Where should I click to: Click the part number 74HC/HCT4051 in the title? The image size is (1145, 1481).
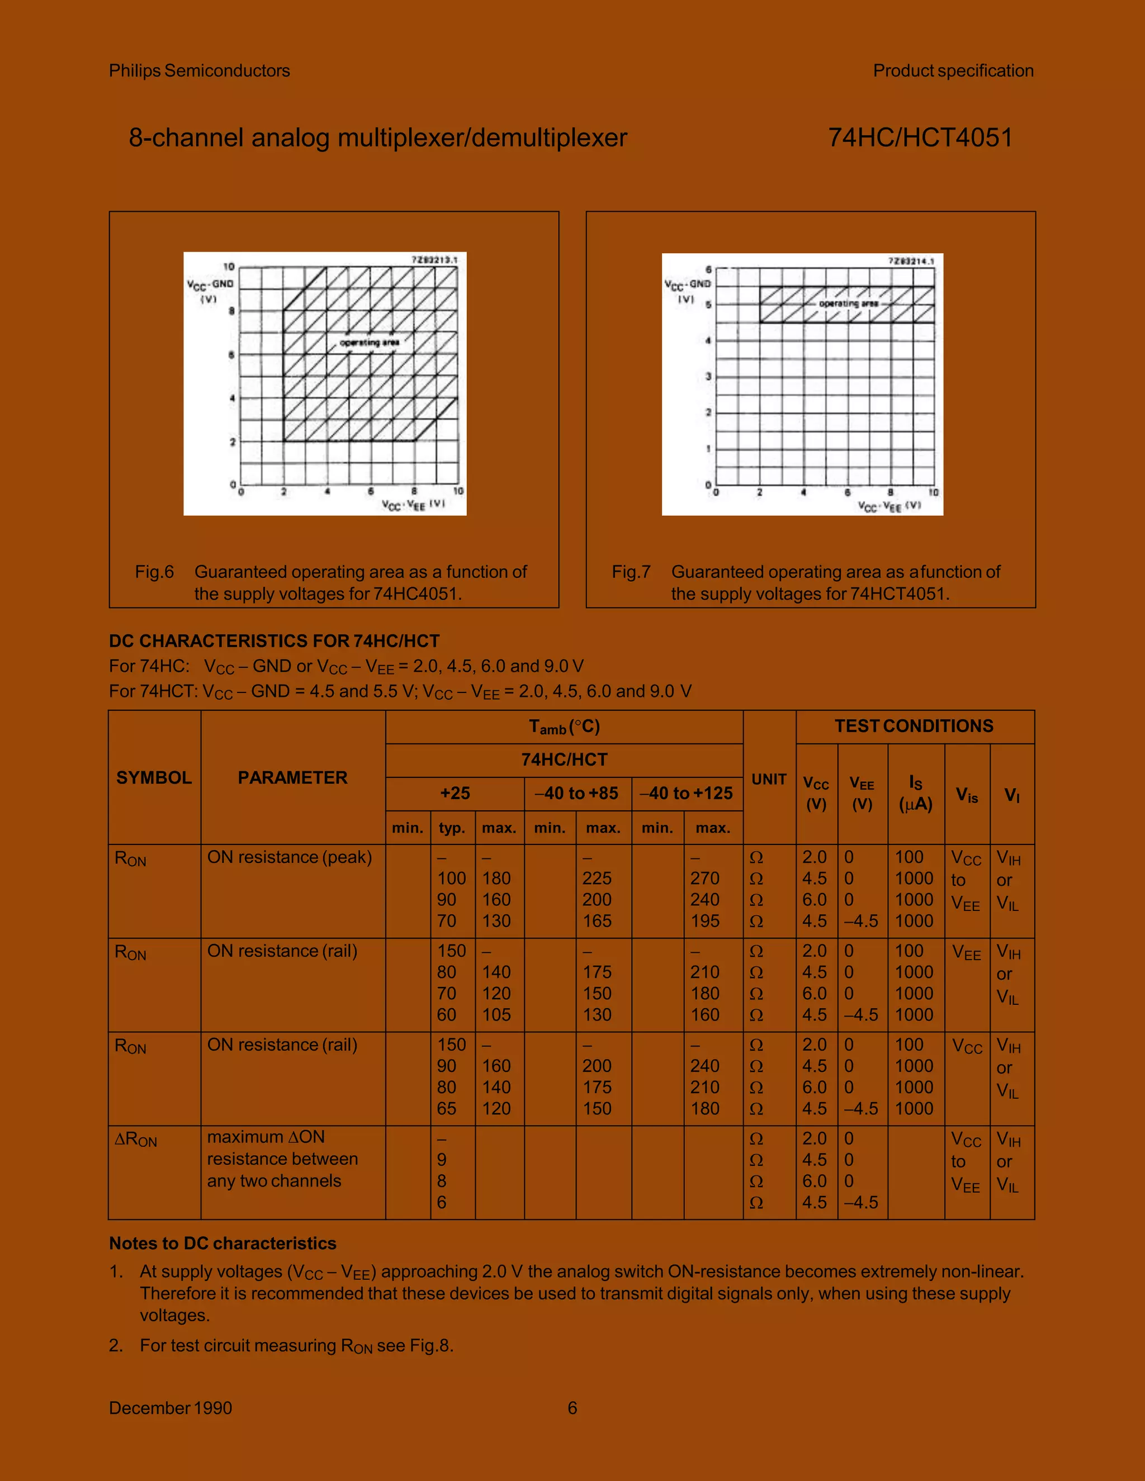pos(920,137)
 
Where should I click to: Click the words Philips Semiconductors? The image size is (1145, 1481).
pos(200,70)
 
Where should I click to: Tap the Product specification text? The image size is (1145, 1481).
pos(953,70)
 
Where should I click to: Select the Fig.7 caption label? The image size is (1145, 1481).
pos(631,572)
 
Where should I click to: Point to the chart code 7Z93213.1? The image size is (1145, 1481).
pos(434,260)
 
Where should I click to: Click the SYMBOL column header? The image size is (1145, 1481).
pos(154,777)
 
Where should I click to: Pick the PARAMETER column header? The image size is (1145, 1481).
pos(292,777)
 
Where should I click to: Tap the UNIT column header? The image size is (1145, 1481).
pos(769,779)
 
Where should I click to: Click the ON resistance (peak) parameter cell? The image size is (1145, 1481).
pos(290,857)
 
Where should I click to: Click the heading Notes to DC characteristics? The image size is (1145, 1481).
pos(223,1243)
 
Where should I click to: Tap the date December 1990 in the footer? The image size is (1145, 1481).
pos(171,1408)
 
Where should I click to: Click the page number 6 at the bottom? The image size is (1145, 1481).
pos(572,1408)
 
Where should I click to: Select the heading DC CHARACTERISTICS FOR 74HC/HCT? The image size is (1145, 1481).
pos(274,641)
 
